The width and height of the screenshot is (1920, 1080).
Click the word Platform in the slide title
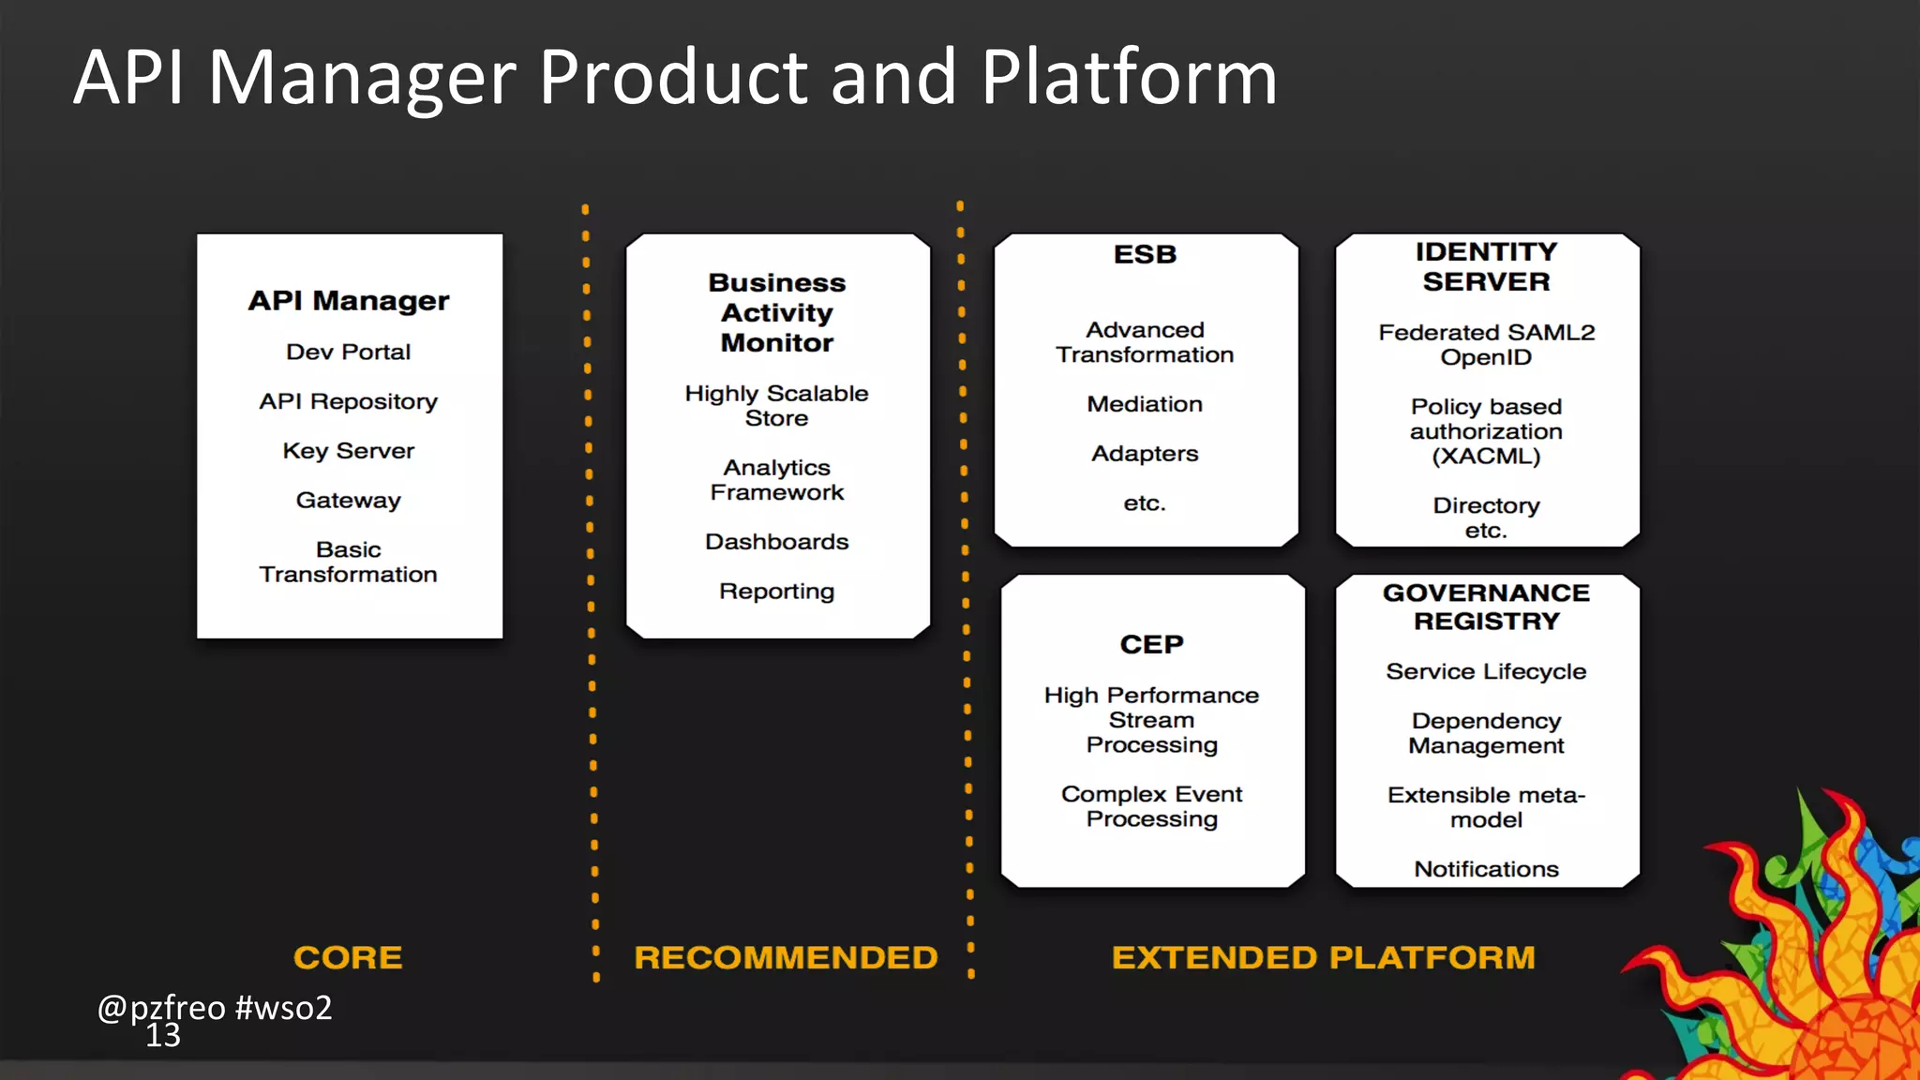pos(1129,79)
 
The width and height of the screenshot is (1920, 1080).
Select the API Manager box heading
pos(349,301)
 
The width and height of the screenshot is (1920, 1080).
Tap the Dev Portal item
pos(349,352)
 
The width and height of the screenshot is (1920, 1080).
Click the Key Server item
pos(349,451)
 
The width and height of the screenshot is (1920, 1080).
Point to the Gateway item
pos(349,501)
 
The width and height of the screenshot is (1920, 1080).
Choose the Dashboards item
pos(776,542)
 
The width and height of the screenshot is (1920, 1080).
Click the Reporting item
pos(776,592)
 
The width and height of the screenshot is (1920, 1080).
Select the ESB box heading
pos(1145,254)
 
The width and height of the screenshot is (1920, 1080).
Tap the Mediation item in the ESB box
pos(1145,404)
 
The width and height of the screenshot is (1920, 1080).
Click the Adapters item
pos(1145,454)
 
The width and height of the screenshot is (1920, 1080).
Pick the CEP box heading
pos(1151,644)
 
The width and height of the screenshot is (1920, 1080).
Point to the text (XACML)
pos(1486,457)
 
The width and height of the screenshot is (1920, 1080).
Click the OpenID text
pos(1486,357)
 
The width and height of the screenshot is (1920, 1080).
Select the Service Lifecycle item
pos(1486,671)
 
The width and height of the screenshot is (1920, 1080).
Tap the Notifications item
pos(1486,869)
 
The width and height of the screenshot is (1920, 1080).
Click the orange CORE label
pos(348,957)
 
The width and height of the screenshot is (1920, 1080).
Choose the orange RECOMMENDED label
pos(786,957)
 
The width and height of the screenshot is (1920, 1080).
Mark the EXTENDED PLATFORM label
pos(1323,957)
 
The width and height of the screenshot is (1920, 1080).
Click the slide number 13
pos(163,1036)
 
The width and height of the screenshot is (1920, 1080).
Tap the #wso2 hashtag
pos(283,1008)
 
